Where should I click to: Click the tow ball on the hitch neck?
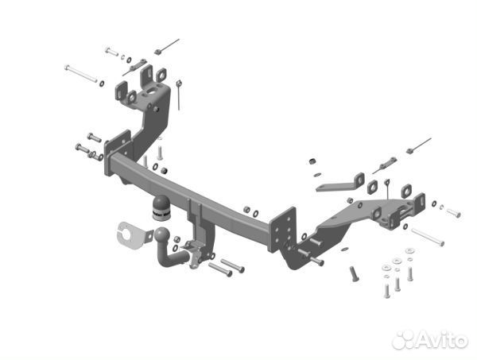click(162, 236)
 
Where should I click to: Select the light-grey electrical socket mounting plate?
click(132, 234)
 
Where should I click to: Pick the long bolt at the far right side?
click(427, 236)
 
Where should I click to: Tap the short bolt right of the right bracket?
click(452, 212)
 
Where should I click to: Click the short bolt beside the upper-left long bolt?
click(111, 52)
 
